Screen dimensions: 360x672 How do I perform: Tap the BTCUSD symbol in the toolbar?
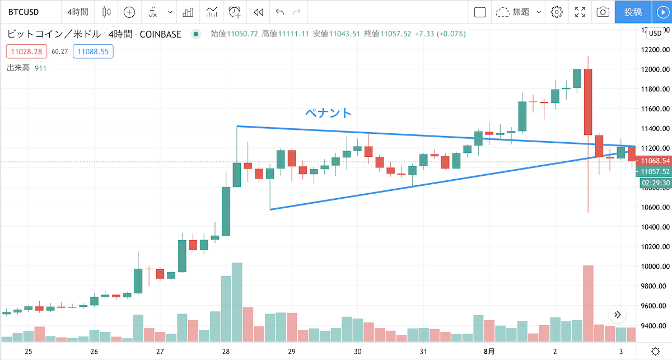(24, 12)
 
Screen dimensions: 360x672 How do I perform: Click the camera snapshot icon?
(603, 12)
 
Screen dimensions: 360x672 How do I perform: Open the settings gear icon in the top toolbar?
(556, 12)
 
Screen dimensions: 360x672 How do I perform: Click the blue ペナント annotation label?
(328, 113)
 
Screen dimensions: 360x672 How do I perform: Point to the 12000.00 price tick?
(655, 69)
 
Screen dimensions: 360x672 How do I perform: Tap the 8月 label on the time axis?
(488, 352)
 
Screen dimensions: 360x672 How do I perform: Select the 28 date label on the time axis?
(226, 352)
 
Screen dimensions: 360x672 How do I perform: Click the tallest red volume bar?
(588, 302)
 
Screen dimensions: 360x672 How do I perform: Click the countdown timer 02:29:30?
(654, 183)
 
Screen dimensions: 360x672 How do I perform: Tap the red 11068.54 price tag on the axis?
(654, 161)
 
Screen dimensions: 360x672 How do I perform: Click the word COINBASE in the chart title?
(161, 34)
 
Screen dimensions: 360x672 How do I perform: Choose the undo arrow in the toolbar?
(280, 12)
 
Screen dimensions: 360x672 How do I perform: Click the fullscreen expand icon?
(580, 12)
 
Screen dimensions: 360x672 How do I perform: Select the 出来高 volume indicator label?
(18, 68)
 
